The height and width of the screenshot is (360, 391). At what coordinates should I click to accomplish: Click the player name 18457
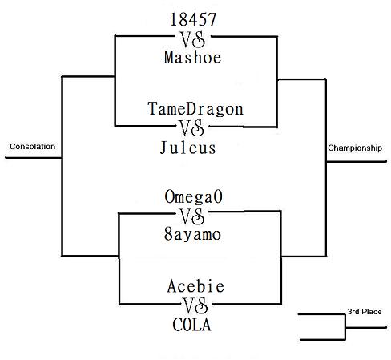[193, 19]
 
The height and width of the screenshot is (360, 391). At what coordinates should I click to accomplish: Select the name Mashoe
[192, 58]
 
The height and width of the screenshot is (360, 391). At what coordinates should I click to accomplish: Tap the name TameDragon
[195, 109]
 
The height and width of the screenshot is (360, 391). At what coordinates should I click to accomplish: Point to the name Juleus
[187, 148]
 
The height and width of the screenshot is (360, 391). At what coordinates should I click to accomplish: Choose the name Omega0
[193, 196]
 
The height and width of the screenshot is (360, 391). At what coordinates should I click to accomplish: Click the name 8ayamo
[192, 234]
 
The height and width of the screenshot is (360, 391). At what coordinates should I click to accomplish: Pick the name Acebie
[195, 286]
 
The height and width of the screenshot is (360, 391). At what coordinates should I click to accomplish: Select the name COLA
[191, 325]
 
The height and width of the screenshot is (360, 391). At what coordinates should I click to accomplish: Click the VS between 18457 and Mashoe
[193, 39]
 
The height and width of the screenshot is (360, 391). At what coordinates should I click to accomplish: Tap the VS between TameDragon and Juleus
[191, 128]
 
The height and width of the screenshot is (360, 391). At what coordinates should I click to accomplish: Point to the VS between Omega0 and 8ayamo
[192, 216]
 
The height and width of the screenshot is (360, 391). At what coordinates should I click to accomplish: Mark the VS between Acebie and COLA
[195, 305]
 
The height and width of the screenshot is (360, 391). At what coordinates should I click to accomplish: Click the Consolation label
[33, 147]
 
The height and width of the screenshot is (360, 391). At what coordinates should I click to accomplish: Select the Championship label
[355, 148]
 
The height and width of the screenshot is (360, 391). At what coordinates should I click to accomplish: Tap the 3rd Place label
[365, 312]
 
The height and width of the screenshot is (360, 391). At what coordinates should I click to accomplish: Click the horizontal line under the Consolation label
[34, 158]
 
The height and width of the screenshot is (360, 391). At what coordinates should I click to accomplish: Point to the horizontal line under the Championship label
[357, 161]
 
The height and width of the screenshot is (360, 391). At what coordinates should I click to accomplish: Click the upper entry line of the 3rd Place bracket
[321, 314]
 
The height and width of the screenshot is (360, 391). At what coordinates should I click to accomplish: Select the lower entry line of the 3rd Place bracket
[322, 340]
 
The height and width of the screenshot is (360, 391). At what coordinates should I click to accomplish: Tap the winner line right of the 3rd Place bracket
[366, 327]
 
